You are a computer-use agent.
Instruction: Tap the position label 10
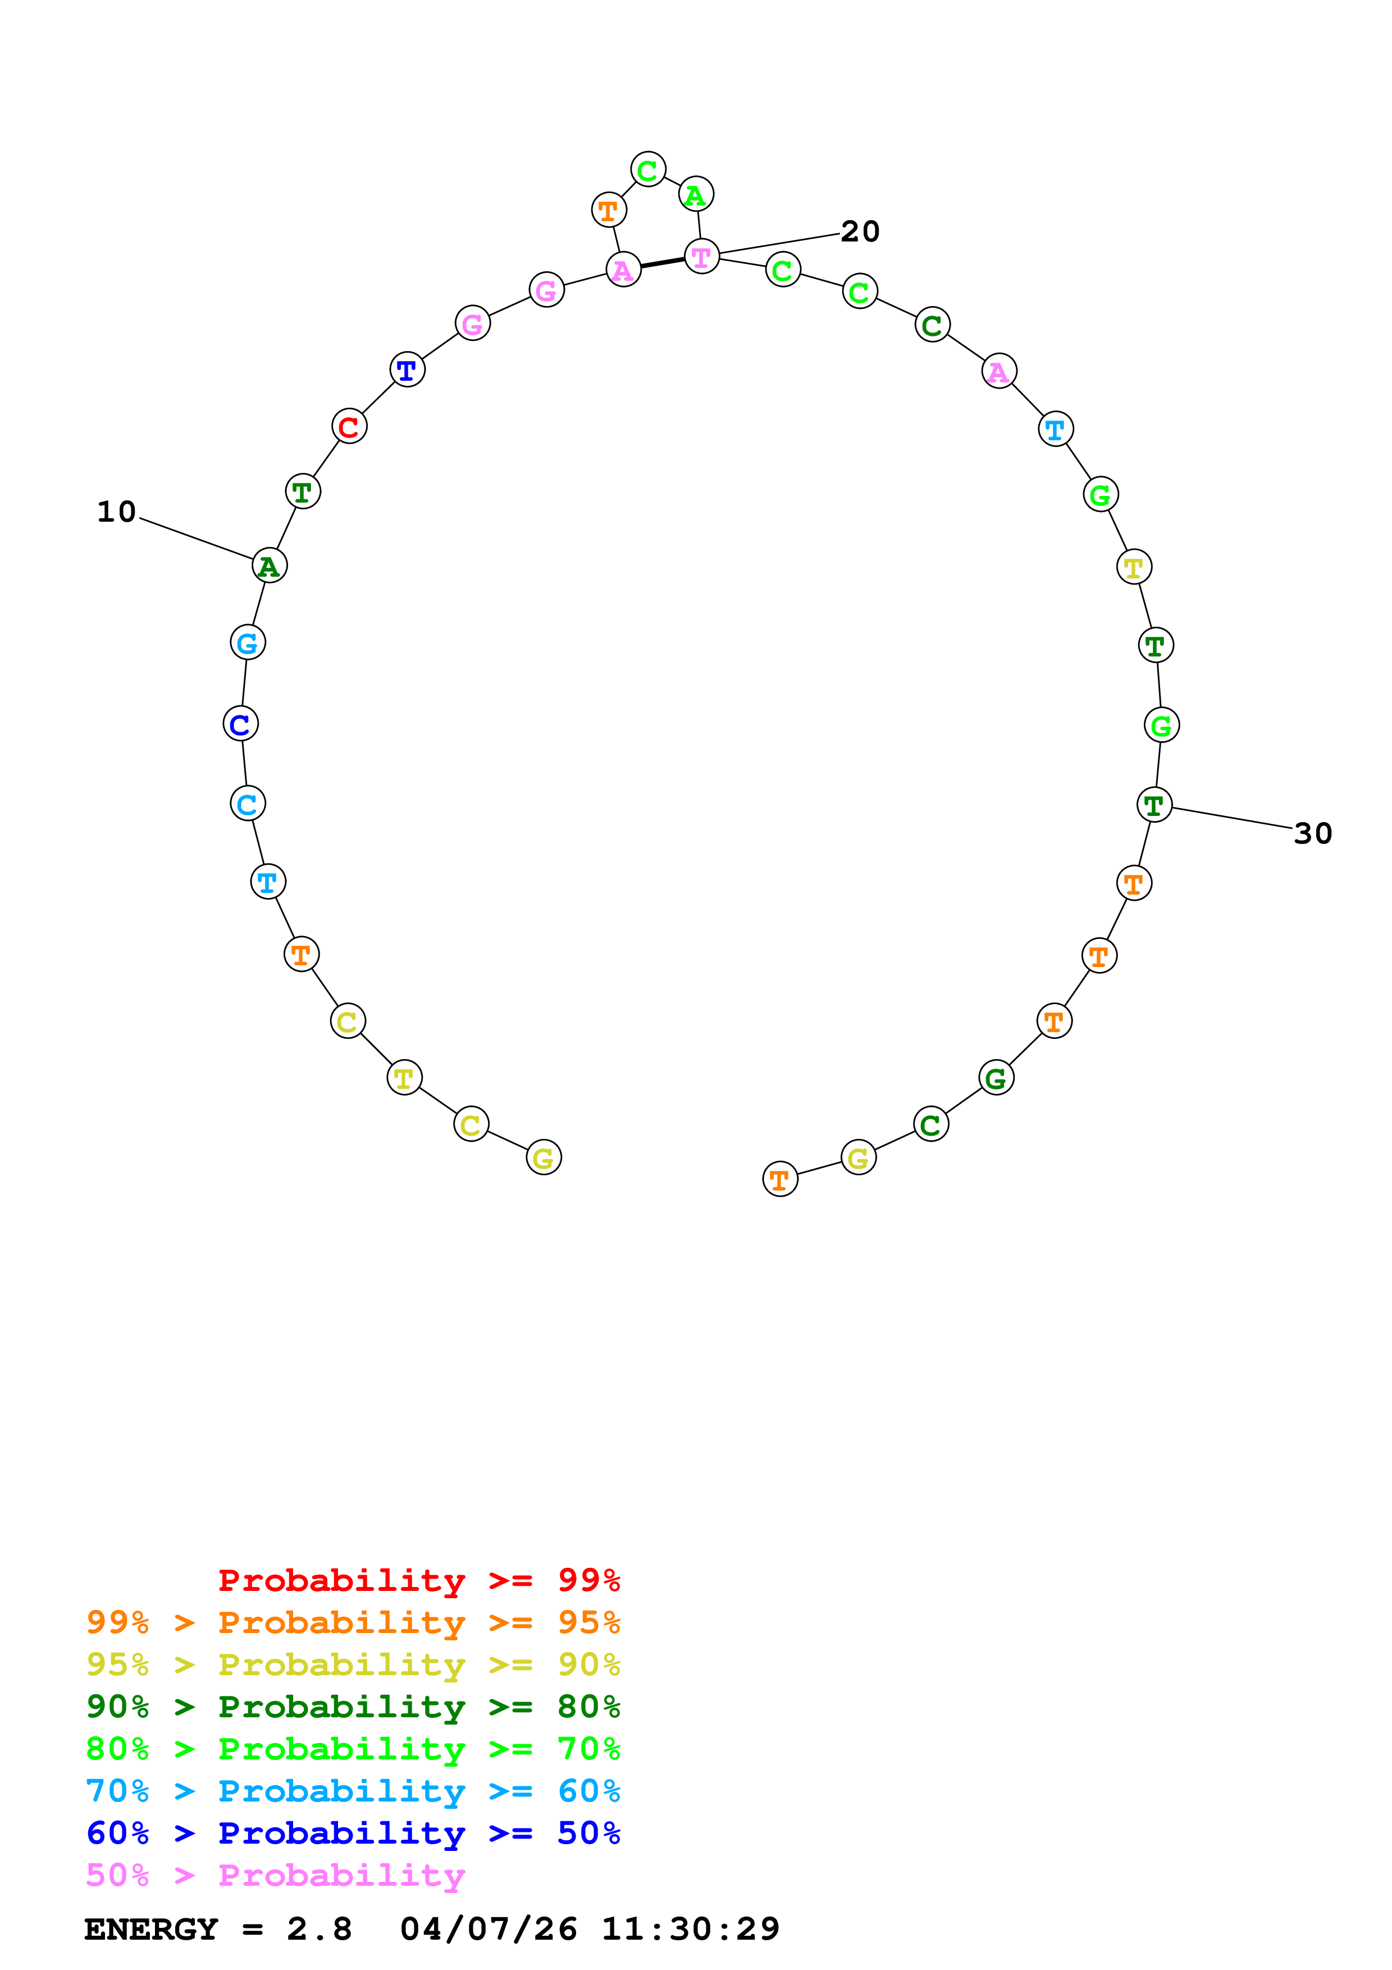coord(117,512)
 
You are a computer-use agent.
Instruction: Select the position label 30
coord(1312,833)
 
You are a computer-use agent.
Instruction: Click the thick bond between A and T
coord(662,263)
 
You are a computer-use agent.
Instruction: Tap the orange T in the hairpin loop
coord(608,209)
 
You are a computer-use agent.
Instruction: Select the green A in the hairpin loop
coord(696,195)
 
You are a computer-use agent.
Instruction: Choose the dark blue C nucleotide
coord(240,724)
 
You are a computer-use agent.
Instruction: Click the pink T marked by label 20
coord(701,257)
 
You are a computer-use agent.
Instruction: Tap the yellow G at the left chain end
coord(543,1157)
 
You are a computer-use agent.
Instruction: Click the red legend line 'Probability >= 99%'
coord(418,1580)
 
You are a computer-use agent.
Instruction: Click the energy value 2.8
coord(319,1929)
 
